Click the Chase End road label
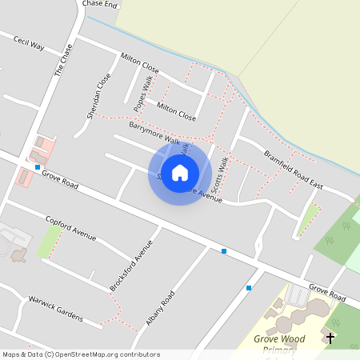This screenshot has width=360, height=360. (x=100, y=4)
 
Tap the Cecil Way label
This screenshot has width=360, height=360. (x=28, y=42)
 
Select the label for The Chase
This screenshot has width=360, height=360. (x=63, y=60)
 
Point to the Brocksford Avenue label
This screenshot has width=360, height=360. (x=130, y=266)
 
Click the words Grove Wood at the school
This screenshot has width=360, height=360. (x=278, y=339)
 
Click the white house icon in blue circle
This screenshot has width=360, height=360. (x=180, y=172)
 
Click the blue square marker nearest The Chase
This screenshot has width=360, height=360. (x=38, y=167)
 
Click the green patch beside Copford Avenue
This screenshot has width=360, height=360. (x=48, y=240)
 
